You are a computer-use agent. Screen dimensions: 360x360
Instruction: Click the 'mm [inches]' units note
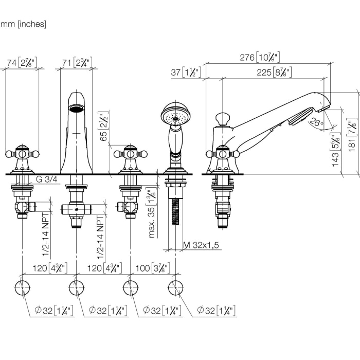coord(23,24)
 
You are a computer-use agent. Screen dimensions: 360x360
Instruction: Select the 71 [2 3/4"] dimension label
coord(76,63)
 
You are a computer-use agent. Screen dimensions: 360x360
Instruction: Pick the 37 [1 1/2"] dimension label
coord(186,73)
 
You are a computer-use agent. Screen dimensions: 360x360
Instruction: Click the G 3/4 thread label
coord(46,180)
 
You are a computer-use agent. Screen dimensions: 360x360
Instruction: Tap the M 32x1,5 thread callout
coord(201,245)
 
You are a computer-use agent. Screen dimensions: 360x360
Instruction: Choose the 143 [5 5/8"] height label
coord(336,149)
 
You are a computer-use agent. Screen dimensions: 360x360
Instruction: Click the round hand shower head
coord(176,116)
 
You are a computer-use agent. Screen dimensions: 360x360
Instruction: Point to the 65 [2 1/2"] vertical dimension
coord(104,127)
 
